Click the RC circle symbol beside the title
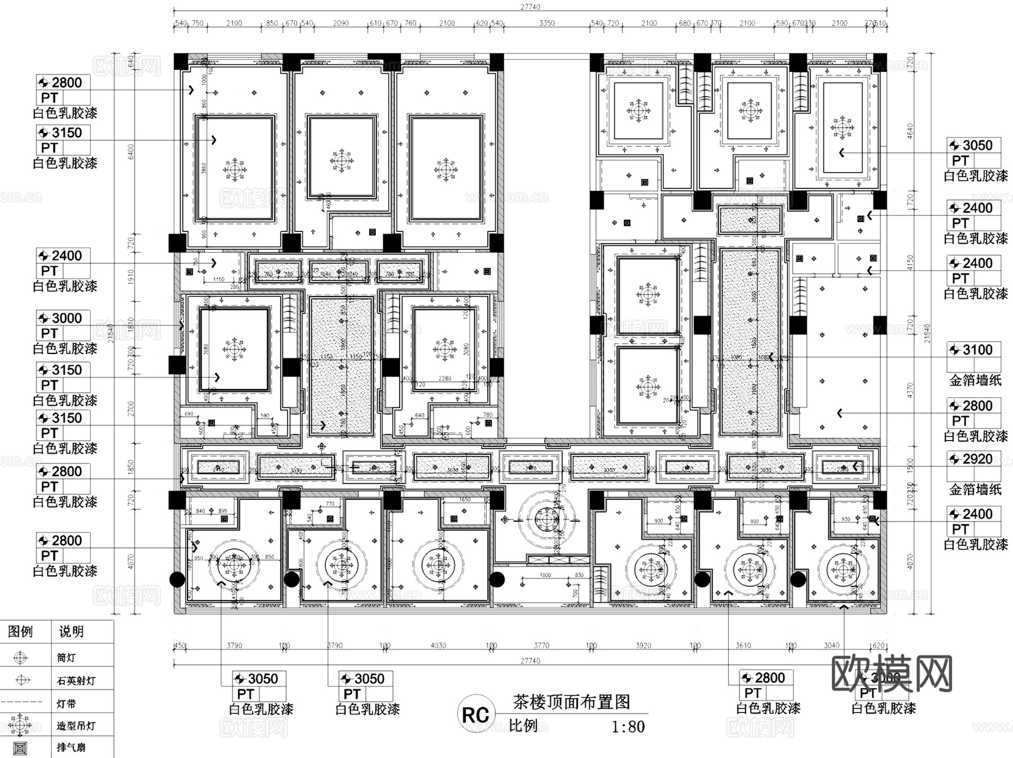(476, 714)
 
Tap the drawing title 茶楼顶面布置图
(571, 702)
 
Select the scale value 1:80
(628, 726)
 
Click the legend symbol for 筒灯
(21, 657)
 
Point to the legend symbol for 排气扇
(21, 748)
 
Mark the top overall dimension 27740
(530, 7)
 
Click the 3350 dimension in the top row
(546, 23)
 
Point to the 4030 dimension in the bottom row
(438, 645)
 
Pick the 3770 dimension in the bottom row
(541, 645)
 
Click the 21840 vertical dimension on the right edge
(927, 333)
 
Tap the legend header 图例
(20, 631)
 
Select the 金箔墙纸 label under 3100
(975, 380)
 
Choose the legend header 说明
(71, 631)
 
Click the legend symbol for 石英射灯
(22, 680)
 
